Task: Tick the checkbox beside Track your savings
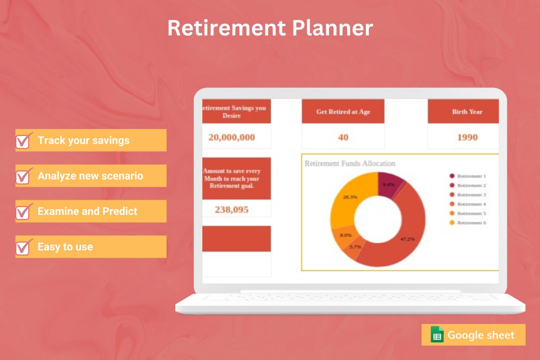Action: [x=24, y=141]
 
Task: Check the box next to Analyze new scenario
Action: [x=24, y=176]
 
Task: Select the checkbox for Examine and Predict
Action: [x=24, y=211]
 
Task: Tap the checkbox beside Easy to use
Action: [x=24, y=247]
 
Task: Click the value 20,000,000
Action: [x=231, y=137]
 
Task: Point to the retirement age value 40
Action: [x=343, y=137]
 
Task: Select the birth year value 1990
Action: [x=467, y=137]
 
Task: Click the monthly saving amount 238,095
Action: [x=231, y=209]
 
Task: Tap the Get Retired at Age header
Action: [x=343, y=112]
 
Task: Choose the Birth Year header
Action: [x=467, y=112]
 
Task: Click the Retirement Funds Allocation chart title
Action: [x=350, y=163]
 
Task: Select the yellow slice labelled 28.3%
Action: [x=350, y=197]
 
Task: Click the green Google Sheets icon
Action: [x=437, y=335]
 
